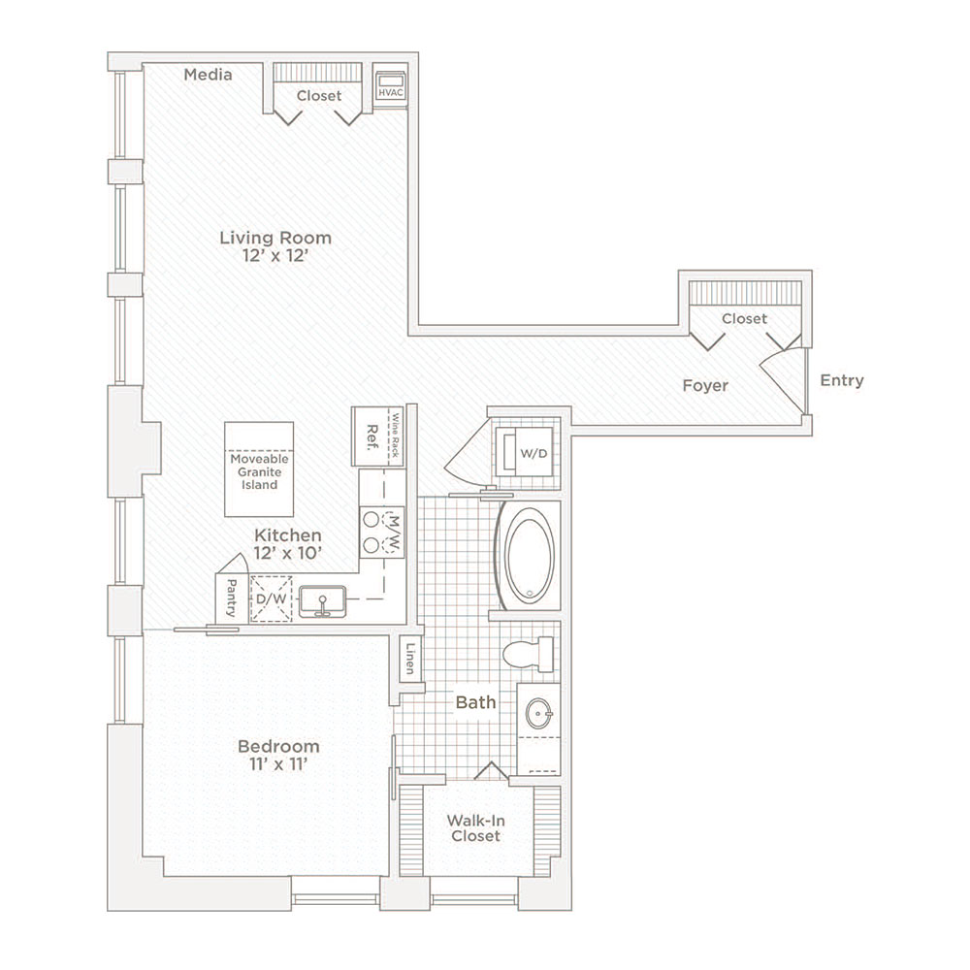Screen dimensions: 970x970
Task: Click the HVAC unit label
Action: pos(390,93)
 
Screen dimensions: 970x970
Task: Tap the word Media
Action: pos(208,75)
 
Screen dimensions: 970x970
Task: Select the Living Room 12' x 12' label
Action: pos(275,246)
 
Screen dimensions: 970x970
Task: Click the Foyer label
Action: pos(705,385)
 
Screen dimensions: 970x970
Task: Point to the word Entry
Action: pos(841,380)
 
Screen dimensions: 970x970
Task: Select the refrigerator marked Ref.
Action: pos(370,436)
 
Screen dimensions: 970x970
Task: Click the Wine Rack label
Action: pos(395,436)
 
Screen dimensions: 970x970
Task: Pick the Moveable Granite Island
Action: pos(259,469)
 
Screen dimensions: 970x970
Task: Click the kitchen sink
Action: pos(322,601)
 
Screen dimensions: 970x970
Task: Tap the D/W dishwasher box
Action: pos(271,598)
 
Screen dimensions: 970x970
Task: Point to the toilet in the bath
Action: pos(528,654)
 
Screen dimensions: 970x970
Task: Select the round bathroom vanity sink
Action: pos(538,713)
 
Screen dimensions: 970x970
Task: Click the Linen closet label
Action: pos(410,659)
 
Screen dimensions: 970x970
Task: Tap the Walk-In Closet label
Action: pos(475,828)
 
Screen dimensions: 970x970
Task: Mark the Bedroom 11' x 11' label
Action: pos(278,755)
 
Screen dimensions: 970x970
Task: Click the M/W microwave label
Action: pos(396,533)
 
